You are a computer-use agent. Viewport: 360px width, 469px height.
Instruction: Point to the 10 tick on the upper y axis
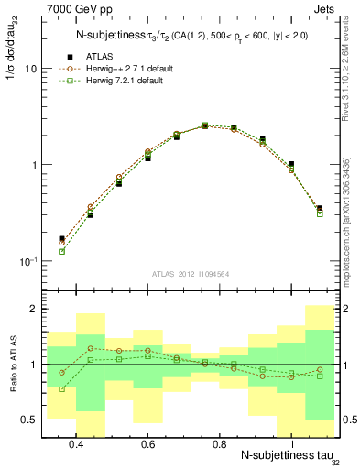31,69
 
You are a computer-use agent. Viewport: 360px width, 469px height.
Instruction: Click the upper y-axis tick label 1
34,165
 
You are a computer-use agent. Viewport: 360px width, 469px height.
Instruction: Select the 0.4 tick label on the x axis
76,443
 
